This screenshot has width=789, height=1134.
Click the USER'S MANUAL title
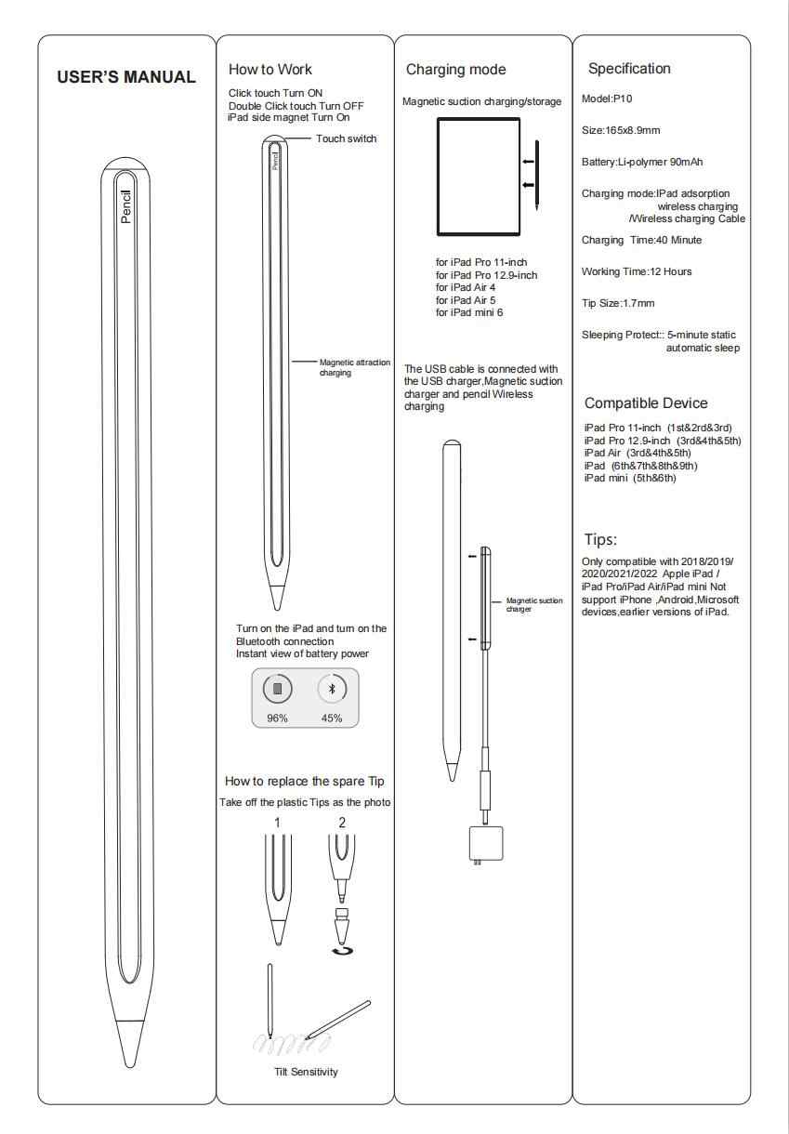[127, 77]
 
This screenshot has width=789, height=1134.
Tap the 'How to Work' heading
[270, 70]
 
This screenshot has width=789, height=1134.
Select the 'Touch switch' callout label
[347, 138]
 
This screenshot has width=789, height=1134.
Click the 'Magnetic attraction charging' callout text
[355, 367]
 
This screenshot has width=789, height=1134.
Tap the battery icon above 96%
[278, 690]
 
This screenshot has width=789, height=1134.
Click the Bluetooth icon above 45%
[332, 689]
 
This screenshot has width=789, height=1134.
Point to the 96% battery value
[278, 718]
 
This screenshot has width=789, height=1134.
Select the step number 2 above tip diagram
[342, 822]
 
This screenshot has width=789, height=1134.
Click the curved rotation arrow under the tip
[343, 951]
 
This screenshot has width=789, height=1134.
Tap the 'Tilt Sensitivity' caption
[306, 1072]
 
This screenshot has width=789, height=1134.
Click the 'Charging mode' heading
[455, 70]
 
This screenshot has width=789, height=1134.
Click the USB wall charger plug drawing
[477, 844]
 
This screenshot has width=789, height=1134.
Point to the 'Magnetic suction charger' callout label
[534, 604]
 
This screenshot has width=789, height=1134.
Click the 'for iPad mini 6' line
[470, 312]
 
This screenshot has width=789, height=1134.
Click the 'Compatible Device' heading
[646, 403]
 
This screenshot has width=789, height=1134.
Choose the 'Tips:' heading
[602, 539]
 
